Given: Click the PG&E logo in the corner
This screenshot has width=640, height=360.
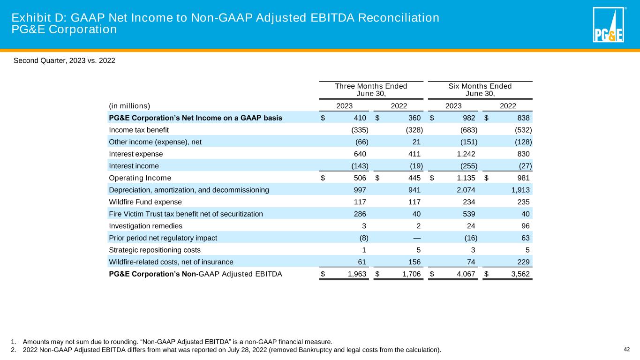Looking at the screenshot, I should coord(608,25).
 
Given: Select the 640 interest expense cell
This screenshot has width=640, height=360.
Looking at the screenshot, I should coord(360,154).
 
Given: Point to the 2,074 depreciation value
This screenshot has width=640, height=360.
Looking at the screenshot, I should coord(466,190).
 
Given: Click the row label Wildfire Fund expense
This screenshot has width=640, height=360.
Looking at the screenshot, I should coord(145,202).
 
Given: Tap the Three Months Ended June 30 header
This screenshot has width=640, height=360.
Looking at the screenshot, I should coord(371,90).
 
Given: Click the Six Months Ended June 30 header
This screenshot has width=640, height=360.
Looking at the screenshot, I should coord(480,90).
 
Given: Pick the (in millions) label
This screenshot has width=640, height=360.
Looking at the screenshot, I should coord(129,105).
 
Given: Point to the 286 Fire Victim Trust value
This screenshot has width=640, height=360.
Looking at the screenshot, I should coord(360,214).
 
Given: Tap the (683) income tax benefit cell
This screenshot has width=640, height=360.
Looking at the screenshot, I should coord(468,129).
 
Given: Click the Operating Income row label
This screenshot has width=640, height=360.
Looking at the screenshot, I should coord(140,178).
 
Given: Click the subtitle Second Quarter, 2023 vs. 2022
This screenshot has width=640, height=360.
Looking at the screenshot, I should coord(64,60).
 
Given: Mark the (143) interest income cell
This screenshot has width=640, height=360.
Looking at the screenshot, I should coord(360,166).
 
